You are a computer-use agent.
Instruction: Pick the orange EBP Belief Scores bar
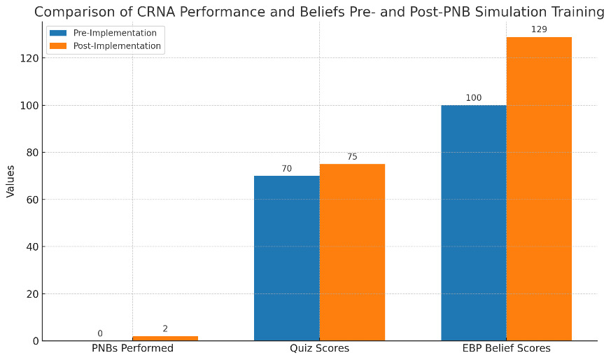tap(539, 188)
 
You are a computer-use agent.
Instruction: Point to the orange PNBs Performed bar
tap(165, 338)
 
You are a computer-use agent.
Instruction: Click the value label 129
tap(539, 29)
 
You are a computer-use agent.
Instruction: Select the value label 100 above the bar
tap(473, 98)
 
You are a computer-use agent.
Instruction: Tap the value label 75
tap(352, 157)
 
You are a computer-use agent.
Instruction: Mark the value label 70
tap(286, 169)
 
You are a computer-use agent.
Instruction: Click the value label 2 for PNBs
tap(165, 328)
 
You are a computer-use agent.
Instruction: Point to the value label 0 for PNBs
tap(100, 333)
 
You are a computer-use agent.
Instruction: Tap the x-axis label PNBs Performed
tap(132, 348)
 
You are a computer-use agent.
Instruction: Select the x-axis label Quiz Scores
tap(319, 348)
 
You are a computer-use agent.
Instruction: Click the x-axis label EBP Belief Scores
tap(506, 348)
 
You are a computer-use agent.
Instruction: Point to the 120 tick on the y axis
tap(28, 58)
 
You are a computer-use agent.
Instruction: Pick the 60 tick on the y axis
tap(30, 200)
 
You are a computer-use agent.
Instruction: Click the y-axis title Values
tap(10, 181)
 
